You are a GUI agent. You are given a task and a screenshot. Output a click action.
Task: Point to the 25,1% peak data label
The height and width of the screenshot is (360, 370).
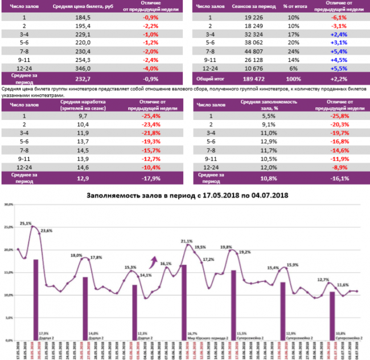25,224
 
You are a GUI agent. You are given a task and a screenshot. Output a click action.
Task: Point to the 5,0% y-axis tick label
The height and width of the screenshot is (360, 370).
9,318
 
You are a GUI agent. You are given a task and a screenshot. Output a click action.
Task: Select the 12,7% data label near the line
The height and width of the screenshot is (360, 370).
323,280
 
